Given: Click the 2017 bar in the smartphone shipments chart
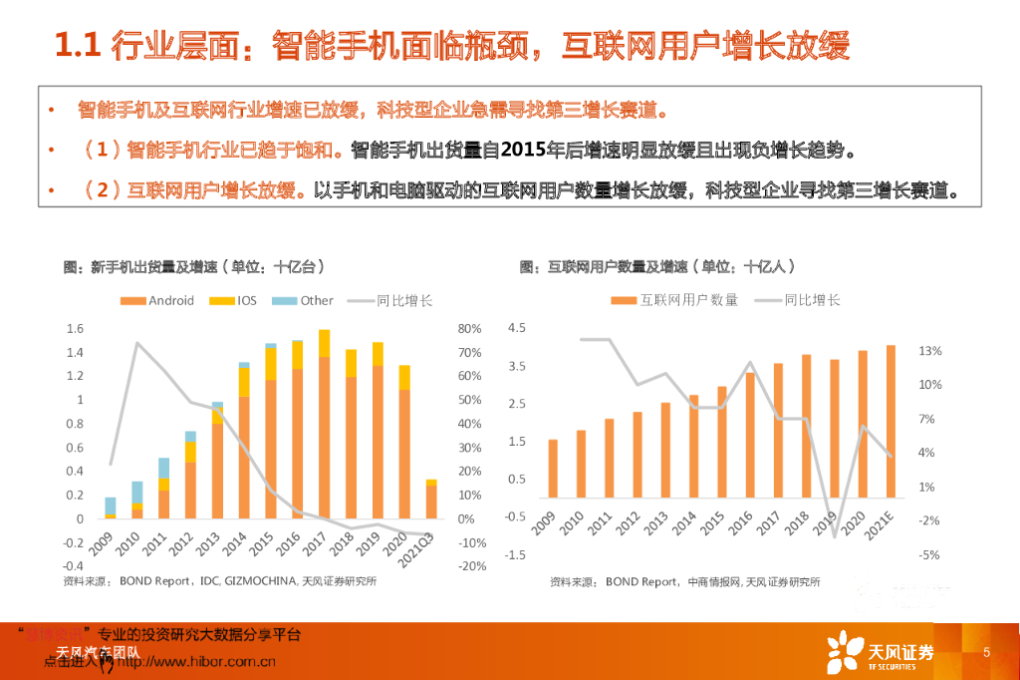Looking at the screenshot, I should pyautogui.click(x=324, y=424).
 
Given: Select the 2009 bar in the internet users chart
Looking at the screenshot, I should pyautogui.click(x=553, y=478).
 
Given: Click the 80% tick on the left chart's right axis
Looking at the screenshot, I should pyautogui.click(x=470, y=329).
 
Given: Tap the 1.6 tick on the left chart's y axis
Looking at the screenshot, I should pyautogui.click(x=75, y=329).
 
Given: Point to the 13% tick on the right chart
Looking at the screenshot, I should pyautogui.click(x=929, y=351).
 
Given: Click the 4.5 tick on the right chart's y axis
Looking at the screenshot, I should pyautogui.click(x=516, y=328).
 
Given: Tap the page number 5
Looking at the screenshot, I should pyautogui.click(x=986, y=653).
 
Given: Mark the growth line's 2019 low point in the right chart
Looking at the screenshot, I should pyautogui.click(x=835, y=536).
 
